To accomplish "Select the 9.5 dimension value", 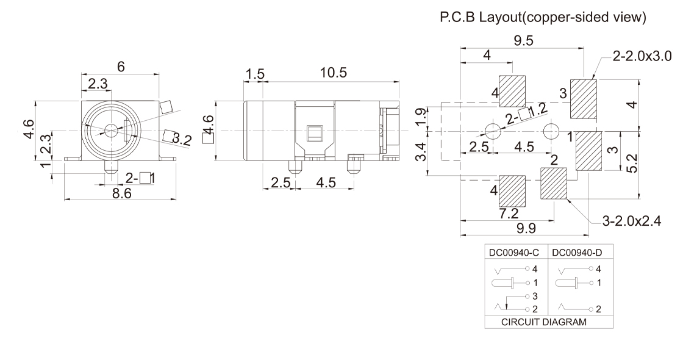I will click(523, 41).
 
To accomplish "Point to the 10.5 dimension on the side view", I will click(333, 73).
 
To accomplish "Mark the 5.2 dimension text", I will click(635, 164).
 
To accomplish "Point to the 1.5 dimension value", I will click(255, 74).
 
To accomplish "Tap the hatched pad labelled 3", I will click(583, 99).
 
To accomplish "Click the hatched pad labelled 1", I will click(588, 152).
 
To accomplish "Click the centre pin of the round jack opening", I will click(111, 130).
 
